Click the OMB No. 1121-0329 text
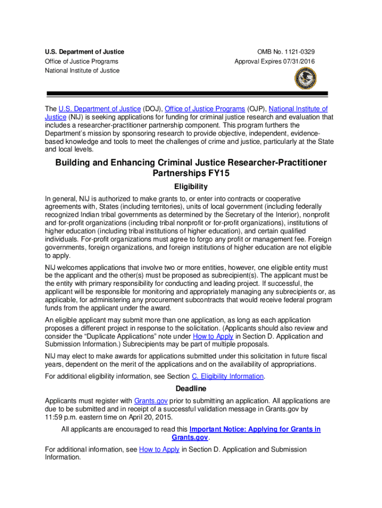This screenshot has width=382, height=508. (286, 52)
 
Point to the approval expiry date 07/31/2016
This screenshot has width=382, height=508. (297, 62)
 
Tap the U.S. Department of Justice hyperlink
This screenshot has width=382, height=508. (99, 109)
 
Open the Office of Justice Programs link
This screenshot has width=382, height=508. (204, 109)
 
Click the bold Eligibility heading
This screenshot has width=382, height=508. (191, 187)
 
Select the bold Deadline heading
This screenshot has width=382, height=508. (191, 388)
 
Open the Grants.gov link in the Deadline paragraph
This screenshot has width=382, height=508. (151, 401)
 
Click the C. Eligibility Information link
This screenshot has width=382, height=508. (228, 377)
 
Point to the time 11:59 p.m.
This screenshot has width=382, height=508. (61, 417)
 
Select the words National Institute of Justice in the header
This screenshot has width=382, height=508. (82, 70)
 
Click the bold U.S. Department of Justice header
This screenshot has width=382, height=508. (84, 52)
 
